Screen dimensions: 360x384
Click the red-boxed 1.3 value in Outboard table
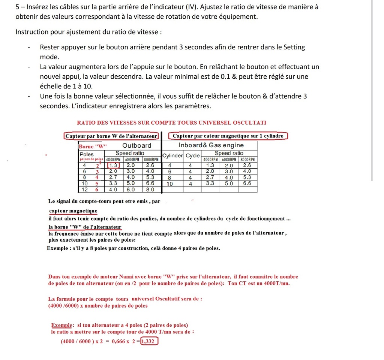point(114,165)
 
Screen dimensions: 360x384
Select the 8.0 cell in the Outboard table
point(150,190)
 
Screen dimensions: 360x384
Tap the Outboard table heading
point(136,146)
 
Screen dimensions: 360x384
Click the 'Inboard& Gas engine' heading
point(211,145)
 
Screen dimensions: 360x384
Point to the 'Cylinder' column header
point(172,156)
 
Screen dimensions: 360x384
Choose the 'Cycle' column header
point(193,156)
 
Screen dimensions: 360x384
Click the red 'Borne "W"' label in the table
point(93,146)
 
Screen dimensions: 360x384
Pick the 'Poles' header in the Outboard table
point(87,154)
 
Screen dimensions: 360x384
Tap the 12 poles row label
point(85,190)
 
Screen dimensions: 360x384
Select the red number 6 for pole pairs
point(97,190)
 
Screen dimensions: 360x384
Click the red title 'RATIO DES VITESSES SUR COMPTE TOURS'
point(171,123)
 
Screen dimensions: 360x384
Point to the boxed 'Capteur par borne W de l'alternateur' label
point(111,136)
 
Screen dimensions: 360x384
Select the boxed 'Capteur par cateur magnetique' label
point(228,136)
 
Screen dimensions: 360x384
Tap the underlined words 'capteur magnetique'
point(73,211)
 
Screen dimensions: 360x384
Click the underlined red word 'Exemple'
point(61,325)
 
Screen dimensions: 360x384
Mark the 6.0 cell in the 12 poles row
point(130,190)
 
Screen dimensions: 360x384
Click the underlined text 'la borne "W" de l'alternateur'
point(85,227)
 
